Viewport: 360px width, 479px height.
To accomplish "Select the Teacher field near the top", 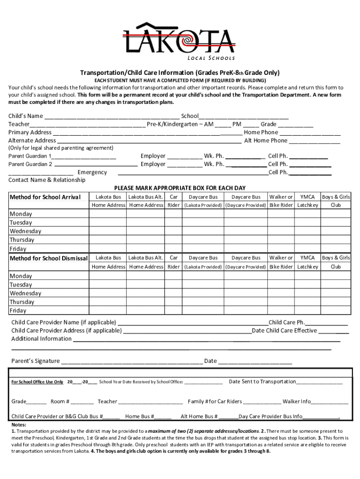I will pyautogui.click(x=87, y=125).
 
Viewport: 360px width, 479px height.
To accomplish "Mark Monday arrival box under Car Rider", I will pyautogui.click(x=173, y=214).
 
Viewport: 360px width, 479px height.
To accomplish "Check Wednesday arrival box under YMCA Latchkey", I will pyautogui.click(x=307, y=231).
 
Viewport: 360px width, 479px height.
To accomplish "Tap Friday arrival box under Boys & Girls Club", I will pyautogui.click(x=336, y=248).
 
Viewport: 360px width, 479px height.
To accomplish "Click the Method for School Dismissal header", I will pyautogui.click(x=49, y=258).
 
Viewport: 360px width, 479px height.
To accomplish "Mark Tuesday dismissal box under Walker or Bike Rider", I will pyautogui.click(x=281, y=284).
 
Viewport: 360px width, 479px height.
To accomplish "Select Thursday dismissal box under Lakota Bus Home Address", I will pyautogui.click(x=108, y=302).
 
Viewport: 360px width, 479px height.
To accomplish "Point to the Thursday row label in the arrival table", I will pyautogui.click(x=22, y=240).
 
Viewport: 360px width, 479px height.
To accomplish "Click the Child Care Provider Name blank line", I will pyautogui.click(x=193, y=323).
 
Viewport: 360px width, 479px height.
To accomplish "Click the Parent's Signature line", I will pyautogui.click(x=132, y=361).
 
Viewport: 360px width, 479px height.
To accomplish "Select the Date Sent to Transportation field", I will pyautogui.click(x=319, y=382).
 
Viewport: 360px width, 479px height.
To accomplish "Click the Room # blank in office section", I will pyautogui.click(x=83, y=402).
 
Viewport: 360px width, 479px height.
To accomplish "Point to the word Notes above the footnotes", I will pyautogui.click(x=19, y=425).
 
